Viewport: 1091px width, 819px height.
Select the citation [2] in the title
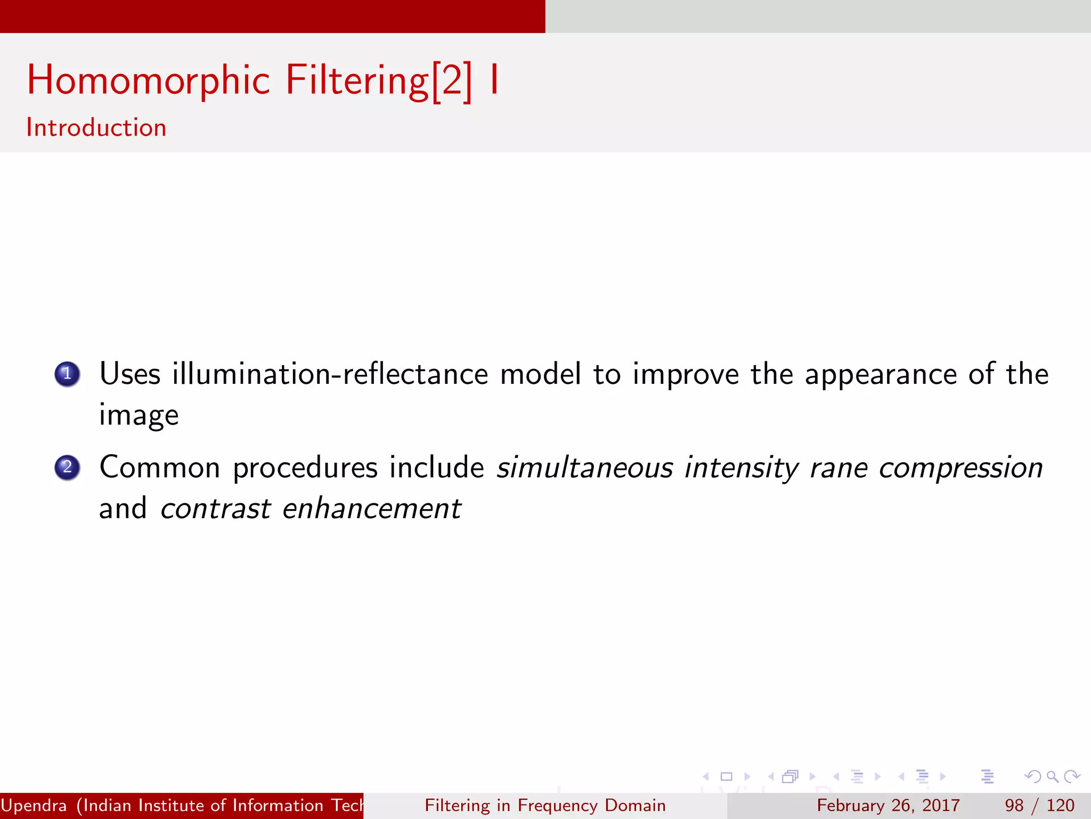point(451,81)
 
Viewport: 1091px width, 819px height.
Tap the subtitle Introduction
point(96,128)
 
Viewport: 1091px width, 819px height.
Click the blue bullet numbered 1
point(67,374)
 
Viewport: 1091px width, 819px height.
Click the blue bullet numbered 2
point(67,468)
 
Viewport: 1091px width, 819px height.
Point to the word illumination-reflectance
point(330,374)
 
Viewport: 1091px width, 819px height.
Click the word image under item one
point(139,416)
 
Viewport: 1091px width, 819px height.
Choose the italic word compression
point(960,469)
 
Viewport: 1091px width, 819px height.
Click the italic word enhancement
point(371,509)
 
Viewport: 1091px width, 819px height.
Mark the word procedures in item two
point(305,469)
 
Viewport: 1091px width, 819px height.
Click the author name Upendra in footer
point(34,805)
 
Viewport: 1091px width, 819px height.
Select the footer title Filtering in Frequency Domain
point(545,805)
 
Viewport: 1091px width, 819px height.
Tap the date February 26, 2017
point(888,805)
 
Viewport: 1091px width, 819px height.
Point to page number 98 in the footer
point(1014,805)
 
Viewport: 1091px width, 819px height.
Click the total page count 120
point(1060,805)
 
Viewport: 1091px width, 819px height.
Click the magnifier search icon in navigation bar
point(1052,776)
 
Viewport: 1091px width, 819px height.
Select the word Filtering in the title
point(357,80)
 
